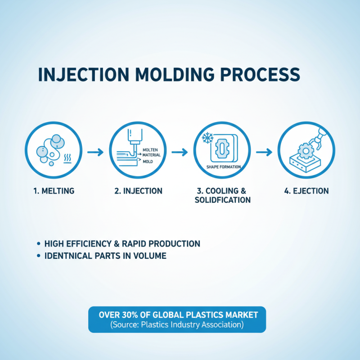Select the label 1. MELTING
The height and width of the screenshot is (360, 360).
click(x=54, y=191)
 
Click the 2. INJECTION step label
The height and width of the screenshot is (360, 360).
click(x=138, y=191)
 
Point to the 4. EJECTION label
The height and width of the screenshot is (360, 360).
click(x=306, y=191)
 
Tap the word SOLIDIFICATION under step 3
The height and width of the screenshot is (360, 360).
click(x=222, y=200)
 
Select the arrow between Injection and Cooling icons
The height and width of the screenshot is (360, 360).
click(x=180, y=153)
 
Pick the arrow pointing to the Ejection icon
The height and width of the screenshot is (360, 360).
click(x=264, y=153)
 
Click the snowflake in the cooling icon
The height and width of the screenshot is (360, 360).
click(x=207, y=137)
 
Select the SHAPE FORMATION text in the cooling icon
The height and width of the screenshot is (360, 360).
click(x=224, y=167)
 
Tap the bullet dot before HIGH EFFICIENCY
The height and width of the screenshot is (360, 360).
click(x=38, y=244)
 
